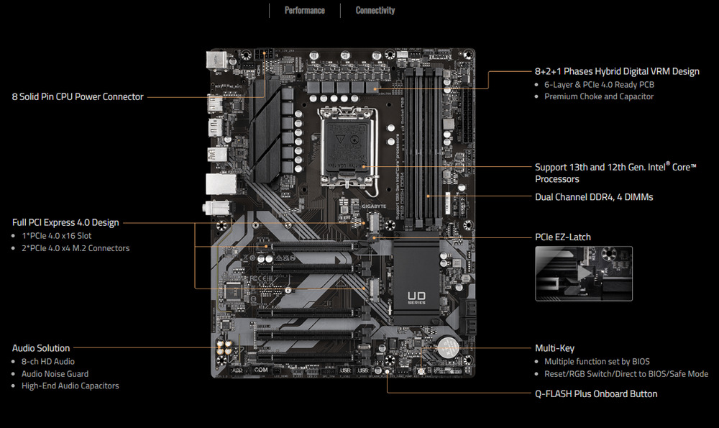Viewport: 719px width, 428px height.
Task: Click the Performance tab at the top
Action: click(x=304, y=11)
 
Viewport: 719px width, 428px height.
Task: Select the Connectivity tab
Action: click(x=375, y=11)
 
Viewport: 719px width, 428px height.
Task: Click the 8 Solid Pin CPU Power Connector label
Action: click(x=78, y=96)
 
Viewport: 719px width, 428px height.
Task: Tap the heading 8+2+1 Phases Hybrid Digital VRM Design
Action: click(x=617, y=71)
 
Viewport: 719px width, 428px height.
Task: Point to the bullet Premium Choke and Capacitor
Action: click(x=599, y=96)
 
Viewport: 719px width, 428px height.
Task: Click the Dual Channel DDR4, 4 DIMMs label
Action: click(x=594, y=196)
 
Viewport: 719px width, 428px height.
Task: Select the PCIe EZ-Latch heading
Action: click(x=563, y=237)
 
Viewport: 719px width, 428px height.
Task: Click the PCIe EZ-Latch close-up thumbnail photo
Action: click(x=584, y=273)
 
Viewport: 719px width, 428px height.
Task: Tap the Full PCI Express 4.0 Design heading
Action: click(x=65, y=222)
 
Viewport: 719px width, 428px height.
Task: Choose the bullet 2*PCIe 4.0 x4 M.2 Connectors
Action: click(x=75, y=248)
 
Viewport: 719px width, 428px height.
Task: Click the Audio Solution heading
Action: click(x=41, y=348)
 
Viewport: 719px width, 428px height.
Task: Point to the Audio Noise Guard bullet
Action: click(x=55, y=374)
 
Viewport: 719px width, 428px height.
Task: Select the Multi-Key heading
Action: click(x=554, y=348)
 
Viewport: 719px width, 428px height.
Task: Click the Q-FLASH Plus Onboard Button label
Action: click(x=596, y=393)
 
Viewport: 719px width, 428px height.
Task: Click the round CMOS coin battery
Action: click(x=449, y=348)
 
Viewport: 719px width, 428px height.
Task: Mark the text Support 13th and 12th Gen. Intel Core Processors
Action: click(x=615, y=173)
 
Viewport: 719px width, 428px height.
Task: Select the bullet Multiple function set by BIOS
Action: click(x=597, y=361)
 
